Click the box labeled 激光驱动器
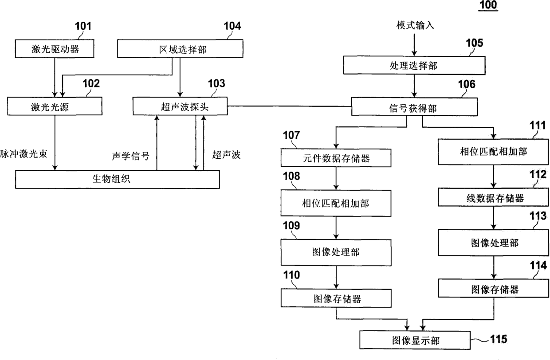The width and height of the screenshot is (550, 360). [x=55, y=49]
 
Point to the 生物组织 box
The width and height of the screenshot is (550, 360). [x=118, y=179]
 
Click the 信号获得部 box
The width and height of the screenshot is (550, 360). [x=414, y=107]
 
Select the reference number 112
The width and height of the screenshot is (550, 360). [x=538, y=174]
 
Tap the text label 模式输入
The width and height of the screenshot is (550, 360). [x=415, y=25]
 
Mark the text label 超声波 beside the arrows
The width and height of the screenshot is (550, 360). [x=226, y=156]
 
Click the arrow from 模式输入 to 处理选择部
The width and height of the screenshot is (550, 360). [x=414, y=44]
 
